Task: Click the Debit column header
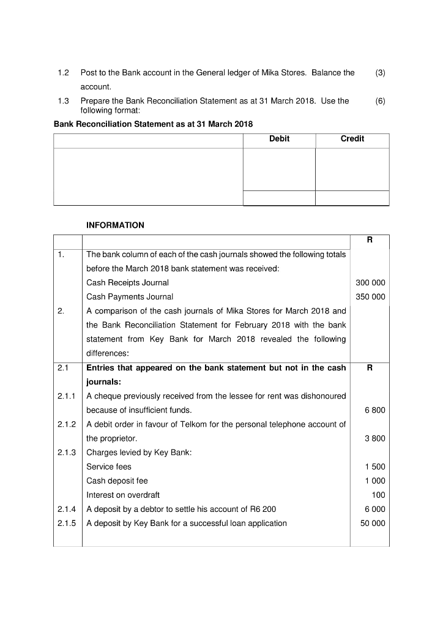coord(279,139)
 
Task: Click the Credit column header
coord(352,139)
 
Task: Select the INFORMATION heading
coord(115,225)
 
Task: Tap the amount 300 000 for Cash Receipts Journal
coord(370,283)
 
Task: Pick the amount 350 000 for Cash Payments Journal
coord(370,297)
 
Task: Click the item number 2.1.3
coord(66,453)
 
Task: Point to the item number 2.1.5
coord(66,524)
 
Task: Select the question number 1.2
coord(63,73)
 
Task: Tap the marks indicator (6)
coord(381,101)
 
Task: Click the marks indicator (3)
coord(381,73)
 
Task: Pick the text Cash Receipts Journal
coord(127,283)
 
